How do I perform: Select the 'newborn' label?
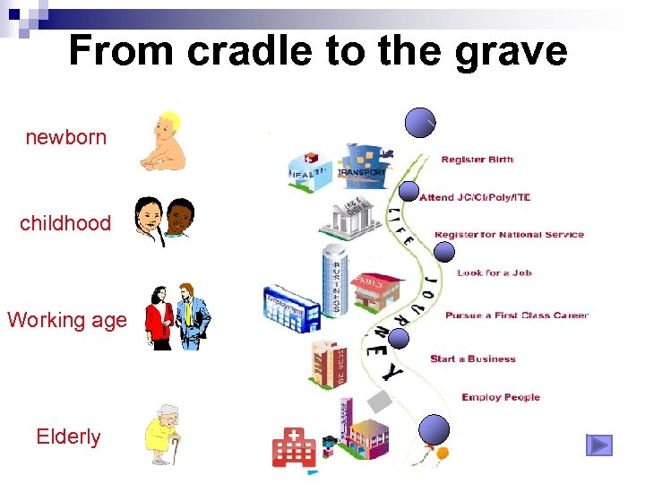[x=65, y=138]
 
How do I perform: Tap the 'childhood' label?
[x=65, y=223]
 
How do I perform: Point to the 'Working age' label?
[x=67, y=320]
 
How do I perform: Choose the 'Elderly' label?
[x=68, y=437]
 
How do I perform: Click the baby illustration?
[x=163, y=142]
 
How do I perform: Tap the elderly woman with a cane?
[x=162, y=434]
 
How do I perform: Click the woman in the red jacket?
[x=160, y=318]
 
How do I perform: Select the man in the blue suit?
[x=193, y=315]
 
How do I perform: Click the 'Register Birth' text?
[x=477, y=160]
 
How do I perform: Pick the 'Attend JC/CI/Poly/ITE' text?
[x=475, y=197]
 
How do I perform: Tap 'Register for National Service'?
[x=509, y=235]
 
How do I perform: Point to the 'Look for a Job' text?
[x=494, y=272]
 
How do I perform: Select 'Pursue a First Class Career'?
[x=517, y=315]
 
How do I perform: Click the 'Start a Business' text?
[x=473, y=359]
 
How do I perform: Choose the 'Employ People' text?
[x=501, y=398]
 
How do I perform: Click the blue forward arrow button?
[x=598, y=445]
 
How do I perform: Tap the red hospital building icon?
[x=294, y=445]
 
